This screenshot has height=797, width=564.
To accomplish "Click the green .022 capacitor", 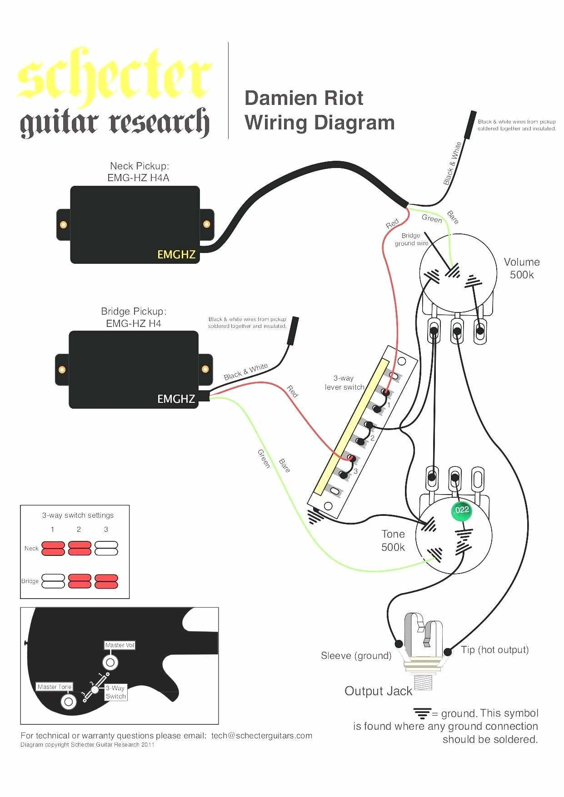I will click(461, 510).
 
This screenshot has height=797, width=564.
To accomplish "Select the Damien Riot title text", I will click(304, 98).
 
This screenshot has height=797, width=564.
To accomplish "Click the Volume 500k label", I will click(521, 268).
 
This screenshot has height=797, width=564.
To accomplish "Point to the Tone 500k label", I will click(393, 540).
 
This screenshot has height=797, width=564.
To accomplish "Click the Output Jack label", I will click(378, 691).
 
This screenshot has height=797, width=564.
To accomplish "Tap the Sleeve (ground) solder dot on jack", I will click(399, 644).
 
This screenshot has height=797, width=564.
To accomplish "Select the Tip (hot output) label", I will click(494, 650).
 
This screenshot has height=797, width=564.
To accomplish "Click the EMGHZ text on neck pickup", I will click(176, 255).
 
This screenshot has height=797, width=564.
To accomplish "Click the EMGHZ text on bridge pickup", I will click(176, 399).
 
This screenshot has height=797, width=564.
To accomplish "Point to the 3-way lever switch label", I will click(344, 383).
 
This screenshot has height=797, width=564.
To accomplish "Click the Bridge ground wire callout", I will click(411, 239).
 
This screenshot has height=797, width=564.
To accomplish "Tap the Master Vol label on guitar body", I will click(120, 645).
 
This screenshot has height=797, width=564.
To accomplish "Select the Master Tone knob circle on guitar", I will click(68, 702).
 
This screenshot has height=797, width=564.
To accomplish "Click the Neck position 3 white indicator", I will click(106, 548).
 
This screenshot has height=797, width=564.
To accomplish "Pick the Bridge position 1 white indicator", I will click(53, 581).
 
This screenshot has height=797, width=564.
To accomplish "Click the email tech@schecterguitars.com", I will click(262, 736).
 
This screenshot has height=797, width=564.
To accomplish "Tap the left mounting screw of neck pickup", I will click(63, 224).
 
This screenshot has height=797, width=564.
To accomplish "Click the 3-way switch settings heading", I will click(78, 515).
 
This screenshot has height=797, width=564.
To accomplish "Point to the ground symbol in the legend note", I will click(422, 713).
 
